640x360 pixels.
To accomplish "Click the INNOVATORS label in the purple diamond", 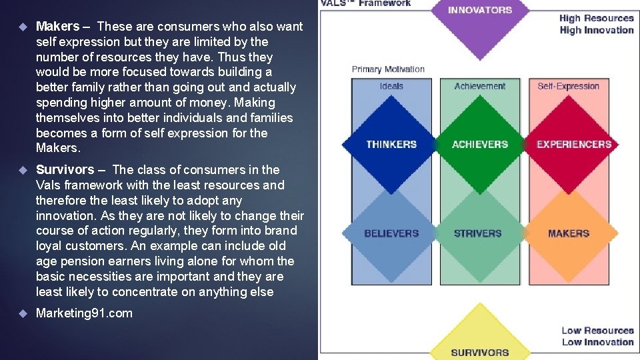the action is click(480, 10).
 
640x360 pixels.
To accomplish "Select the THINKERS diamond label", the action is click(391, 144).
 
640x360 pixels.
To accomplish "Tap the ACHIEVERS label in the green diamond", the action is click(480, 144).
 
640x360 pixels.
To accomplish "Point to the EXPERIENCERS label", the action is click(574, 144).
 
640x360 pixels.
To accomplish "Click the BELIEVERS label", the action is click(391, 233).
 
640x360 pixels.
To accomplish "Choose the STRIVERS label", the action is click(477, 233).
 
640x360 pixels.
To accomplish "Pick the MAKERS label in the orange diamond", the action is click(569, 233).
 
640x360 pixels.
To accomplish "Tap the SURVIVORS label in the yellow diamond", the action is click(480, 353).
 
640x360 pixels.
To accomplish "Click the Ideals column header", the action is click(391, 86).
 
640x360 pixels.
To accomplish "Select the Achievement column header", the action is click(480, 86).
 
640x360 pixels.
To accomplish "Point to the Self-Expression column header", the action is click(569, 86).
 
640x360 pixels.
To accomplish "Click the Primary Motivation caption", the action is click(388, 69).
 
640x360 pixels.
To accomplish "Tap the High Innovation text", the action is click(597, 30).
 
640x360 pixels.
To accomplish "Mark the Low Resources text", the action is click(597, 331).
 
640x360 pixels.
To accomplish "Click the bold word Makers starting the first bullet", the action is click(57, 27).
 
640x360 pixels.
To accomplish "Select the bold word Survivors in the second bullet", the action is click(65, 170).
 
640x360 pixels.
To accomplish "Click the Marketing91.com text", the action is click(84, 313).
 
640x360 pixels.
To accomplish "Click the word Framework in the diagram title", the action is click(385, 3).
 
